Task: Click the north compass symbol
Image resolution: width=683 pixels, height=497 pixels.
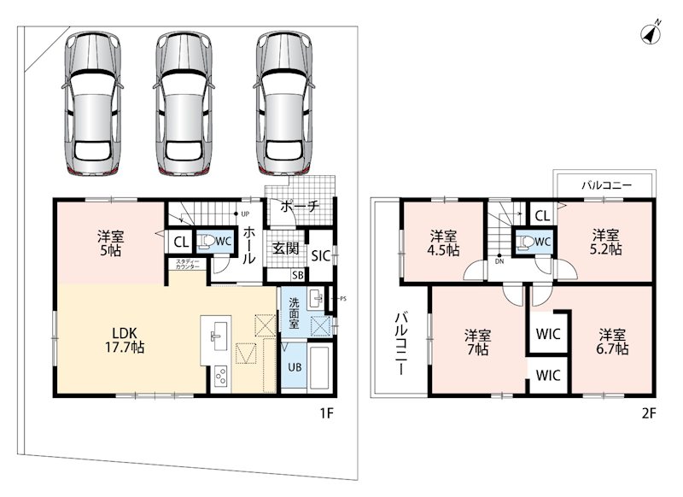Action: pyautogui.click(x=651, y=33)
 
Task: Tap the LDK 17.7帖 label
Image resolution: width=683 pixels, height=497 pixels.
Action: pyautogui.click(x=125, y=340)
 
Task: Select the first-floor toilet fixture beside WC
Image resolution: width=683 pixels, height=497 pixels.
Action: pyautogui.click(x=206, y=242)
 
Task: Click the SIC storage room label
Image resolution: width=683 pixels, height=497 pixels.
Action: pyautogui.click(x=321, y=256)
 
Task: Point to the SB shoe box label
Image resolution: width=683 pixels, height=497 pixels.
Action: pyautogui.click(x=298, y=275)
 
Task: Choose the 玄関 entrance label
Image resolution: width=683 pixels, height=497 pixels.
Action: pyautogui.click(x=286, y=248)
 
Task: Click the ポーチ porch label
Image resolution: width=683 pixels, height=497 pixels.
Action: pyautogui.click(x=300, y=206)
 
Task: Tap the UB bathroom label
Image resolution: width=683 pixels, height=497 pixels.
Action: pyautogui.click(x=295, y=367)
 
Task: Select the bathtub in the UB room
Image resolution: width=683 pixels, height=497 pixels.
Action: pyautogui.click(x=321, y=367)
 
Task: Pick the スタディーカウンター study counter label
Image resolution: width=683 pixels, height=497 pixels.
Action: pyautogui.click(x=188, y=265)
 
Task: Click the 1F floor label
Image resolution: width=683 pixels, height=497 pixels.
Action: pyautogui.click(x=327, y=413)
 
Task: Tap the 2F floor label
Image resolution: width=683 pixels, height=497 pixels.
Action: pyautogui.click(x=649, y=413)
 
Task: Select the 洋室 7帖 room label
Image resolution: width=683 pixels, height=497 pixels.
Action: pyautogui.click(x=477, y=342)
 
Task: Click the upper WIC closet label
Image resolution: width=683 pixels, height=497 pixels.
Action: pyautogui.click(x=548, y=334)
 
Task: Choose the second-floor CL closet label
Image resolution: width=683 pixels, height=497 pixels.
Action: pyautogui.click(x=542, y=216)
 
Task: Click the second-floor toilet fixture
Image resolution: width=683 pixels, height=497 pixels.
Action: pyautogui.click(x=526, y=242)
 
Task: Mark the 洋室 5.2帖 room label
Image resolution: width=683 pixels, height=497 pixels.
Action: pyautogui.click(x=606, y=243)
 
